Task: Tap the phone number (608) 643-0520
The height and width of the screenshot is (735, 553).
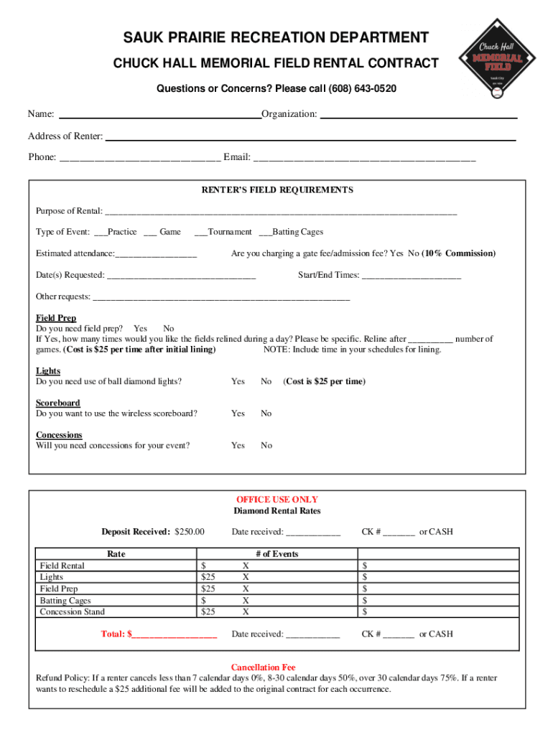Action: tap(362, 88)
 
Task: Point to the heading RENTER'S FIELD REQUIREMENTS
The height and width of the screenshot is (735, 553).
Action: tap(276, 190)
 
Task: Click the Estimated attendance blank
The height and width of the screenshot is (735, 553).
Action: tap(156, 255)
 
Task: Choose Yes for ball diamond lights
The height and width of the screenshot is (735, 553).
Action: tap(238, 381)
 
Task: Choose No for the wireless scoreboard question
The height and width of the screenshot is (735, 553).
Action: tap(266, 413)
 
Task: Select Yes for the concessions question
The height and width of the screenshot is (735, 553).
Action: tap(238, 446)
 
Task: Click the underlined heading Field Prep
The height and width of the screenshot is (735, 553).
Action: tap(56, 318)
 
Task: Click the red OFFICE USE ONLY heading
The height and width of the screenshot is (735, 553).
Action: tap(277, 500)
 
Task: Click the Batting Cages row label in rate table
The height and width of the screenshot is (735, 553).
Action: tap(65, 600)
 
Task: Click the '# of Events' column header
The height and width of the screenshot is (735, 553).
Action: tap(276, 554)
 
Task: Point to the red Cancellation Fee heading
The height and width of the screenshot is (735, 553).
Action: tap(263, 667)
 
